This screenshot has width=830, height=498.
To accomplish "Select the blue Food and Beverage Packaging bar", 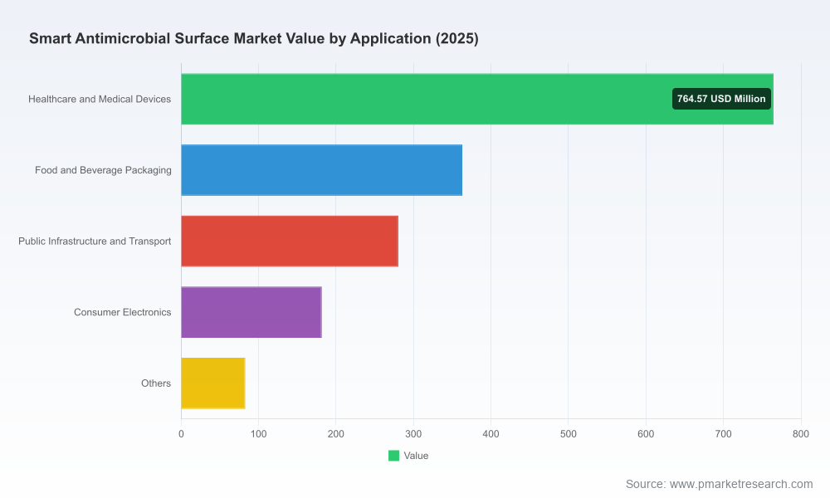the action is [x=321, y=170].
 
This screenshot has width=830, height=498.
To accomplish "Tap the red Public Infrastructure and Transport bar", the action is [x=290, y=241].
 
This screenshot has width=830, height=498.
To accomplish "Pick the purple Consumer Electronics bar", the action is [x=251, y=312].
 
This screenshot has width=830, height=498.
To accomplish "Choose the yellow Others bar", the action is [x=212, y=383].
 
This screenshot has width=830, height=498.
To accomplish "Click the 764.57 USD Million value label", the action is [x=721, y=99].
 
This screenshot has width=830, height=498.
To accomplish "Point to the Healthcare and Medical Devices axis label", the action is [x=100, y=99].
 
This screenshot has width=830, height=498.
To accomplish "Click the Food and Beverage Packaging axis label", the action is [x=103, y=170].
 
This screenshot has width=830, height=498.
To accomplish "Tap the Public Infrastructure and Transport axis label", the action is [x=95, y=241].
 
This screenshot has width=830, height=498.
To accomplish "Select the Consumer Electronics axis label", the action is [x=122, y=312].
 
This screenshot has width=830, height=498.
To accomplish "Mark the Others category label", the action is [x=156, y=383].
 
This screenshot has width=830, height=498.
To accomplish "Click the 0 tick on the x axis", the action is [x=181, y=434].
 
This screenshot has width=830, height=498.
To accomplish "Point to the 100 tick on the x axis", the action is [x=258, y=434].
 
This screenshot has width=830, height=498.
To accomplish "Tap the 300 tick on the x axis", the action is [x=413, y=434].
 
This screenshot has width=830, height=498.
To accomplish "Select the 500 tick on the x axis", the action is [x=568, y=434].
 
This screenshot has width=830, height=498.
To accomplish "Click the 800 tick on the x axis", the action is [x=801, y=434].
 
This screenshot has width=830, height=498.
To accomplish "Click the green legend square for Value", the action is [x=393, y=456].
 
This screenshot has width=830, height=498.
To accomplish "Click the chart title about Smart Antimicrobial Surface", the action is [x=253, y=39].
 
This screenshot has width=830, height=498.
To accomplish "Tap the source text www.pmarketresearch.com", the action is [x=741, y=484].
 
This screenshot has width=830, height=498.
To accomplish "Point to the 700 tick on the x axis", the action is [x=723, y=434].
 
